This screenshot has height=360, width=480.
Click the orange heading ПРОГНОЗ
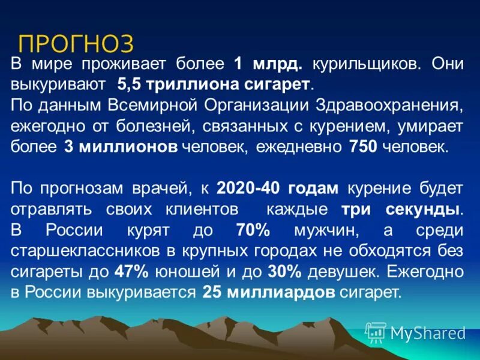point(76,44)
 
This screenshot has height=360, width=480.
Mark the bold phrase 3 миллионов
point(121,148)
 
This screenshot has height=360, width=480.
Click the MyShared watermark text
point(428,332)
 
